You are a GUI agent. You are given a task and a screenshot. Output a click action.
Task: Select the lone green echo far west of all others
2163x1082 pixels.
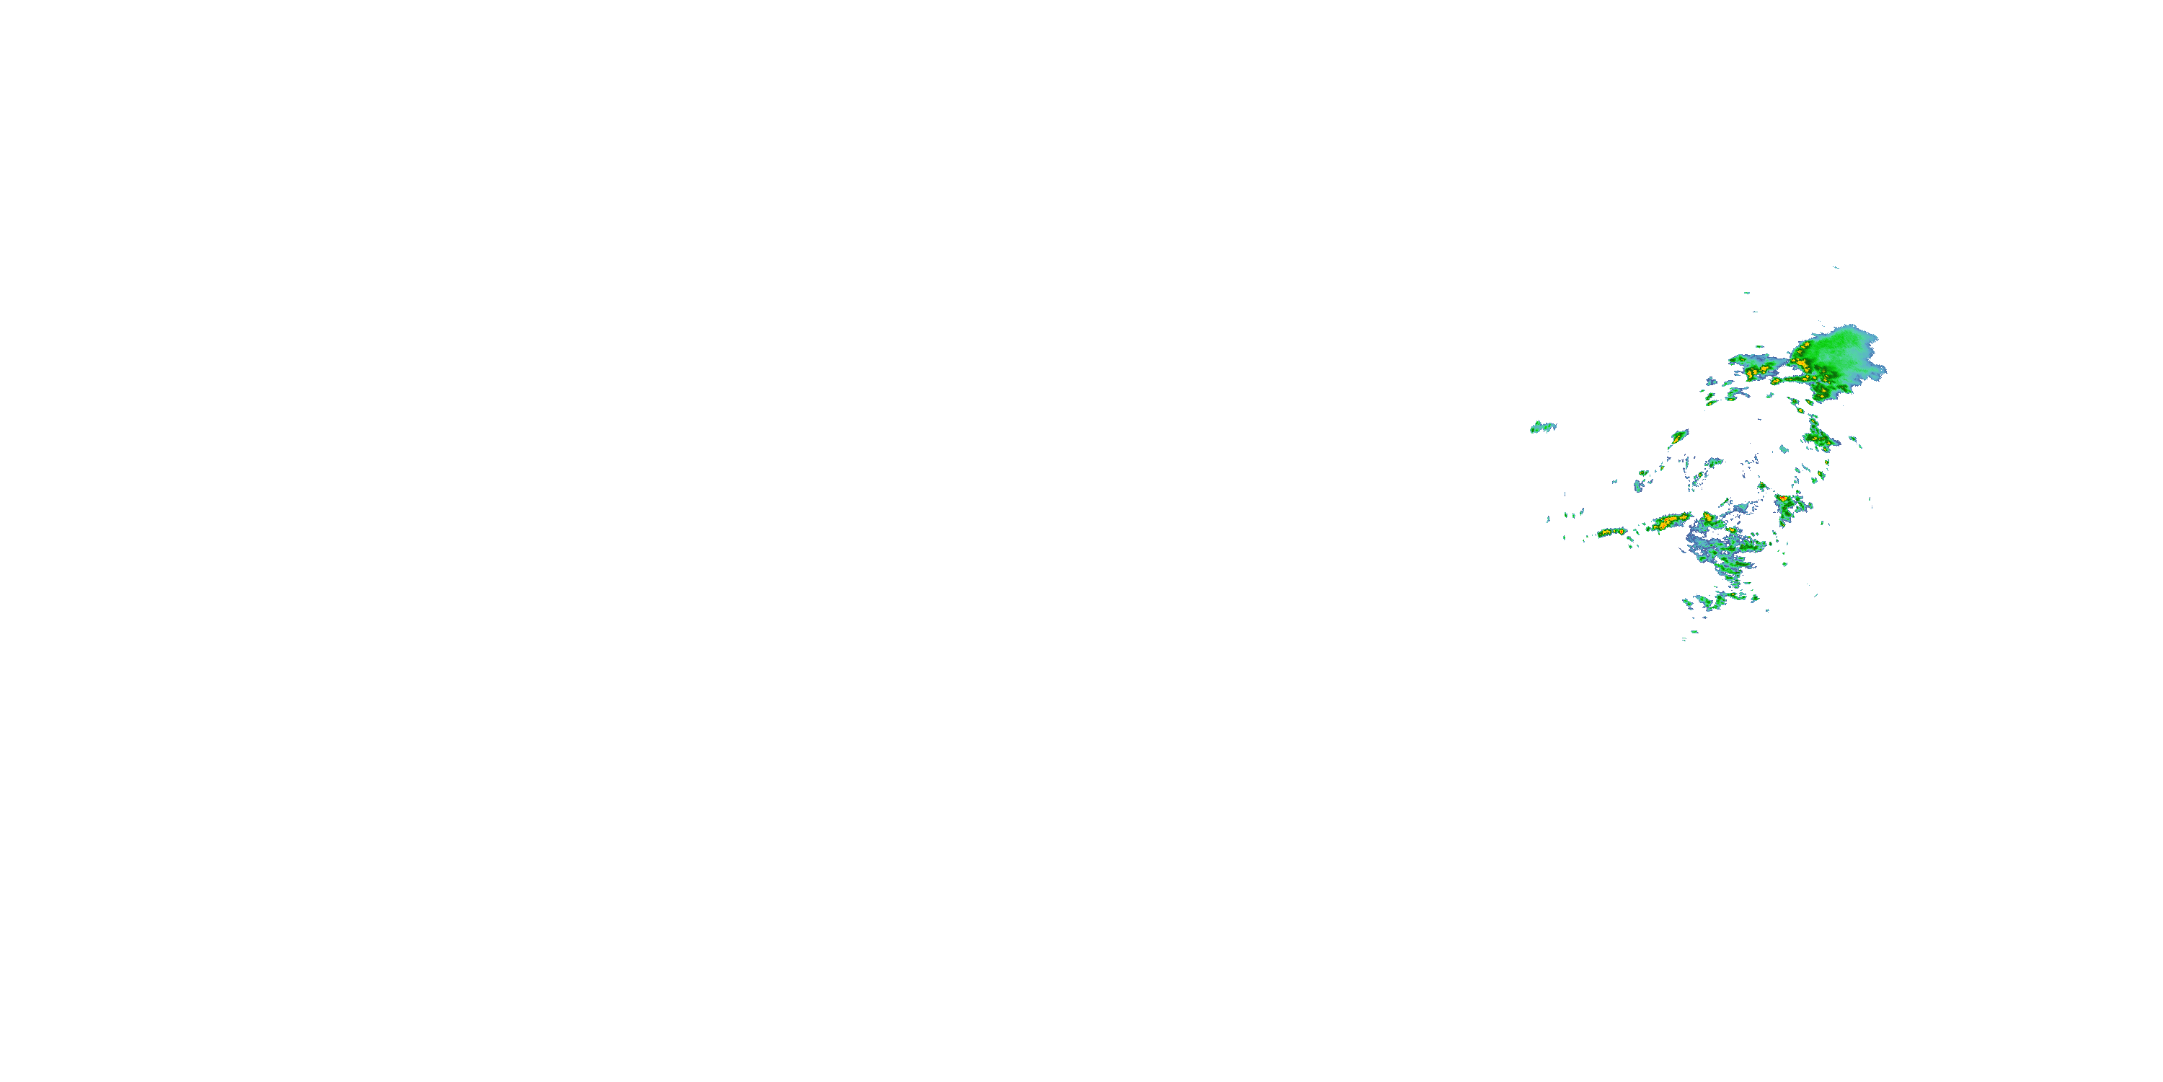pos(1541,427)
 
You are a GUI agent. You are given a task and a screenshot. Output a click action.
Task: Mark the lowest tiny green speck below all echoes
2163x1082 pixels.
pos(1684,639)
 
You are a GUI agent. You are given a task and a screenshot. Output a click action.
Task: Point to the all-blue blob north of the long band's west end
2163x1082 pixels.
pos(1638,485)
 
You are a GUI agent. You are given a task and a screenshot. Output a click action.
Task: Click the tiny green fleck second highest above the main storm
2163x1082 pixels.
pos(1746,293)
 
